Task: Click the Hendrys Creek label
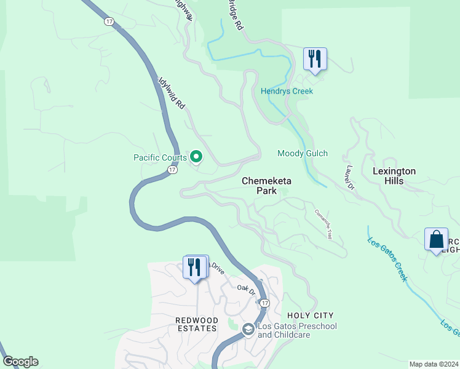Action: pyautogui.click(x=287, y=92)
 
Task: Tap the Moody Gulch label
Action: pyautogui.click(x=303, y=153)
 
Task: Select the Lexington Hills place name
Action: pyautogui.click(x=394, y=176)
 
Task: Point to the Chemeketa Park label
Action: pyautogui.click(x=266, y=186)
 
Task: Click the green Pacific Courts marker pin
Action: pyautogui.click(x=197, y=157)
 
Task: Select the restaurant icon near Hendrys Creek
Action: pyautogui.click(x=315, y=60)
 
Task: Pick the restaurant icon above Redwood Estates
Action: pyautogui.click(x=195, y=268)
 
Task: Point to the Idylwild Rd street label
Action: pyautogui.click(x=172, y=93)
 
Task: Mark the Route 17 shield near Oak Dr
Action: pyautogui.click(x=264, y=303)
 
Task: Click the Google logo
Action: pyautogui.click(x=20, y=362)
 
